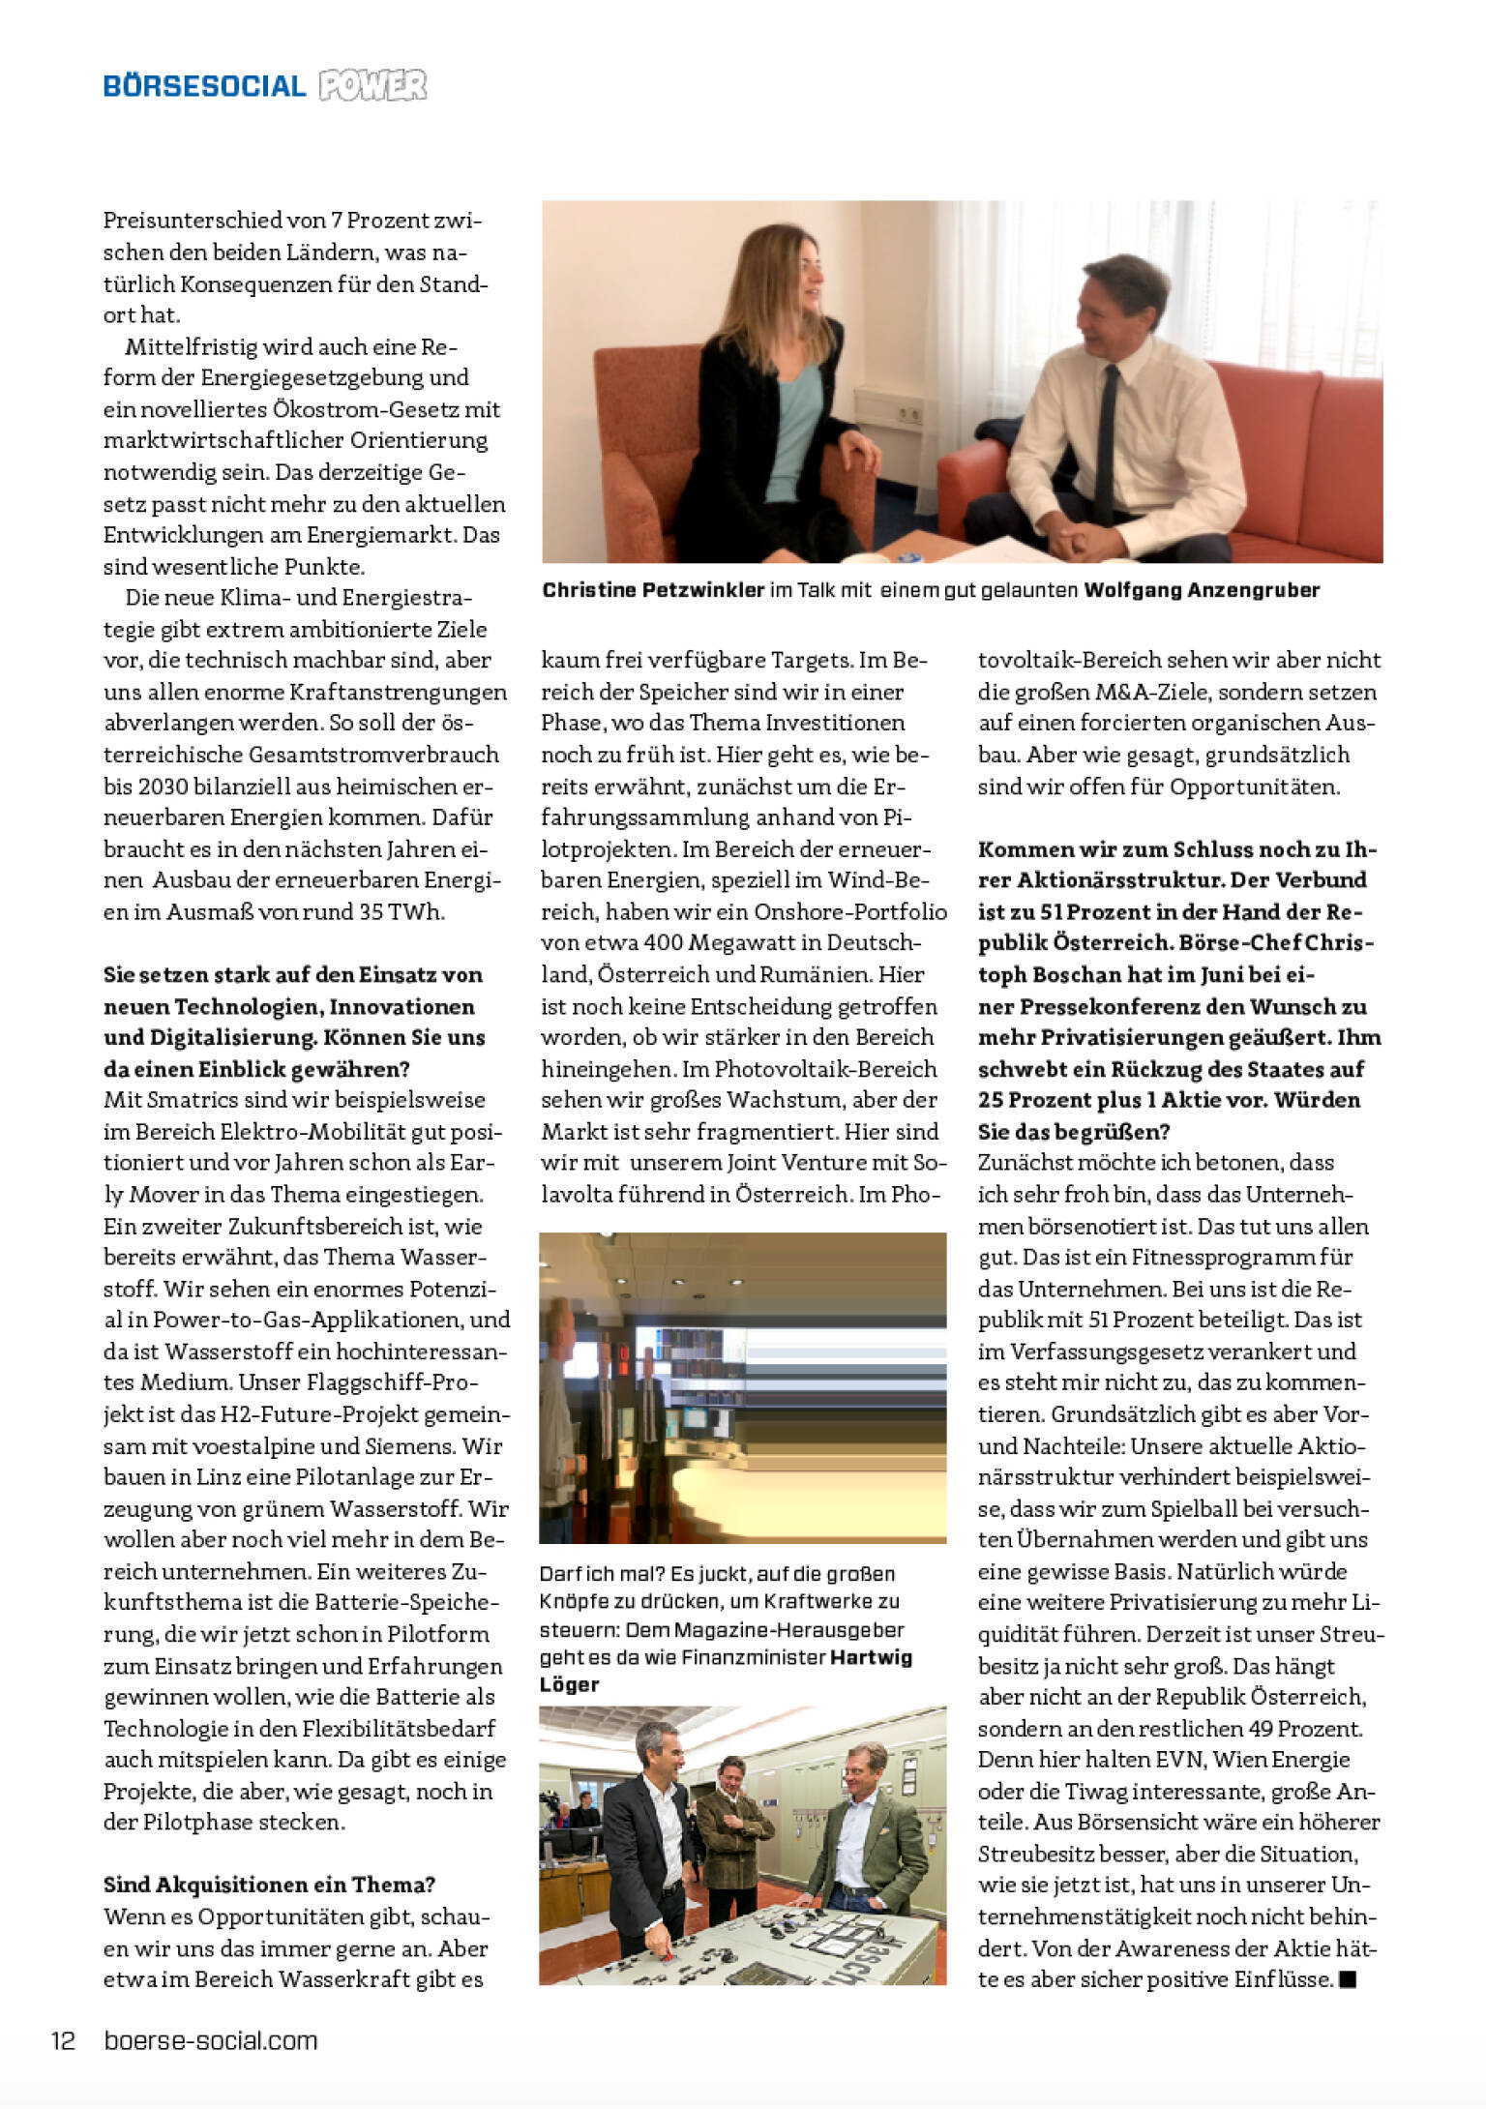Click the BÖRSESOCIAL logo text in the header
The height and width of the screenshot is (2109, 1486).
click(x=204, y=87)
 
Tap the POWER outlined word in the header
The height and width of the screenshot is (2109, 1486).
click(x=372, y=86)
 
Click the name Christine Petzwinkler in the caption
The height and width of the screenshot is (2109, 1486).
click(x=653, y=590)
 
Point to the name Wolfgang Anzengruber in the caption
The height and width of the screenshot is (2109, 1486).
click(x=1202, y=590)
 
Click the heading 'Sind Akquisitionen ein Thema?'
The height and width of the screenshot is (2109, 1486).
click(x=269, y=1885)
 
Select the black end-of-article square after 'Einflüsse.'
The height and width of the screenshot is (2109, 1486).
click(x=1348, y=1979)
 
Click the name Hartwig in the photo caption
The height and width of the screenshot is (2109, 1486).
click(x=872, y=1657)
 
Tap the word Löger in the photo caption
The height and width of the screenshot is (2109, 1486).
click(x=570, y=1684)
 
